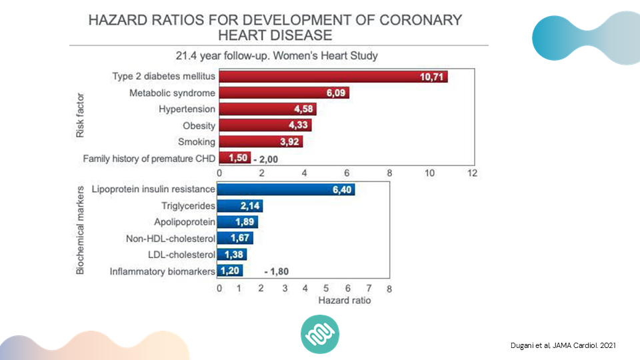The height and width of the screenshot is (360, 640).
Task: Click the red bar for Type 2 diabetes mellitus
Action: coord(333,77)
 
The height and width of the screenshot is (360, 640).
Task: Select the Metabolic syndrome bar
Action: coord(284,93)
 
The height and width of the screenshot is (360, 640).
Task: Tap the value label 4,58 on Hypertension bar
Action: coord(304,109)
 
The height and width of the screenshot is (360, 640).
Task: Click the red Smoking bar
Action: coord(261,141)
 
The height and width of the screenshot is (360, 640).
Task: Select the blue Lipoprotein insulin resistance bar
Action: coord(287,190)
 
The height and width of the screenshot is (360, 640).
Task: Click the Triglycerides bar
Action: coord(240,206)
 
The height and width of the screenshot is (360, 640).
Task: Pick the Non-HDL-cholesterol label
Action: coord(171,239)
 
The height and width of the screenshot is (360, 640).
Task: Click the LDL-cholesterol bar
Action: coord(233,255)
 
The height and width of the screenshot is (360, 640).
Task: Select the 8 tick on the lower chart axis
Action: coord(389,289)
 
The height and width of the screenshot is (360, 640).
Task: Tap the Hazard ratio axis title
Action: coord(344,301)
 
